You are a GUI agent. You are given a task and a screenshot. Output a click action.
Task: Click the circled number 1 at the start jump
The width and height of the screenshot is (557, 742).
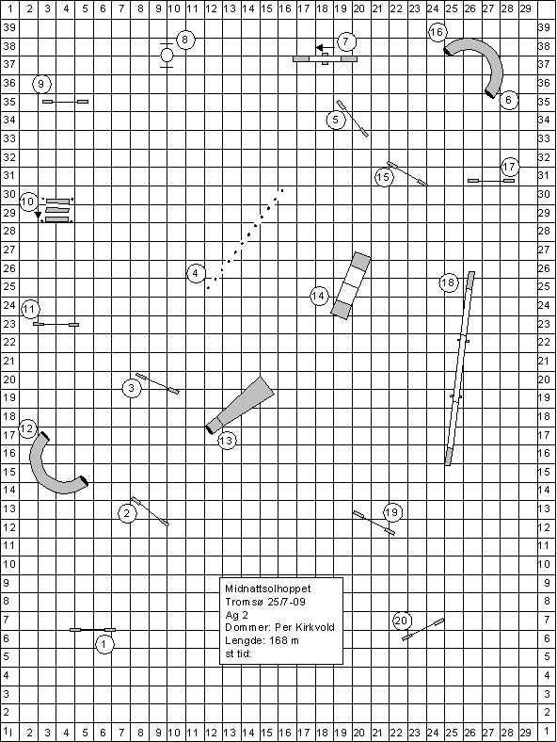tap(104, 644)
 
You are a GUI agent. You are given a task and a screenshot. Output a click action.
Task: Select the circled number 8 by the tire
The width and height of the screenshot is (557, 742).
tap(185, 40)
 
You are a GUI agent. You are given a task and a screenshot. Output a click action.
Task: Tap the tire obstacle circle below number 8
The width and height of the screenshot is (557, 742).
tap(167, 56)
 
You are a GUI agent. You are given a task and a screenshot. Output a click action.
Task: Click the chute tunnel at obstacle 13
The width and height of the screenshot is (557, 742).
tap(241, 405)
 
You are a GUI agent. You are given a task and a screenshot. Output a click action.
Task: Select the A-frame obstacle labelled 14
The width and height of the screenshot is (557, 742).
tap(351, 286)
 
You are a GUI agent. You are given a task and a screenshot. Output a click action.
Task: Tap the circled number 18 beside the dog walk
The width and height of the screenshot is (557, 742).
tap(448, 283)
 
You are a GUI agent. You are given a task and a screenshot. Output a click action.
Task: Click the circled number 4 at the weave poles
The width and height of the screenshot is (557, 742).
tap(196, 273)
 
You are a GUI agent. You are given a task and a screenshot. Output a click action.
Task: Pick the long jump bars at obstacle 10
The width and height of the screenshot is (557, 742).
tap(57, 210)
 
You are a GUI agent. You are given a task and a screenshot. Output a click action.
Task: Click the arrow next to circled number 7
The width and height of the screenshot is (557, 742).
tap(326, 48)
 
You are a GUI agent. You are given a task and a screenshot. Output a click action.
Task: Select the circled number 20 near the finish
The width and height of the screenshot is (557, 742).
tap(401, 621)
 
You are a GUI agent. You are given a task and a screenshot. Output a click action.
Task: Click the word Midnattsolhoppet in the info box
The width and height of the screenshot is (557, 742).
tap(268, 589)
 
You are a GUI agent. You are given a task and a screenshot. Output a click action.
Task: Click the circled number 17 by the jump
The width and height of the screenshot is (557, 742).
tap(509, 167)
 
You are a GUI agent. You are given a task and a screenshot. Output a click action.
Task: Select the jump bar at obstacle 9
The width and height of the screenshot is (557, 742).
tap(65, 102)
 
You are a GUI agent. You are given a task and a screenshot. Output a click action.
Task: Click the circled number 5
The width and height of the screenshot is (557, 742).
tap(336, 120)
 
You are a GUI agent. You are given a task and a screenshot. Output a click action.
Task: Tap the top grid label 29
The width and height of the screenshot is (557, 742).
tap(525, 8)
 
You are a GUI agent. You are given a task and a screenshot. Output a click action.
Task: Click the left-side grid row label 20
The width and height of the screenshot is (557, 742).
tap(9, 379)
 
